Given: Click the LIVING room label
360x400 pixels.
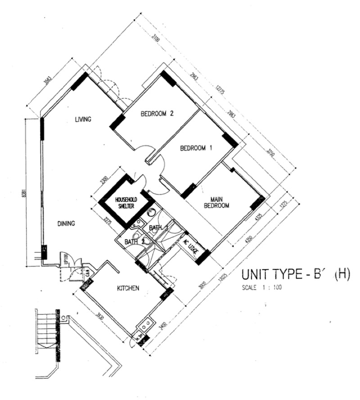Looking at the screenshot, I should [x=83, y=119].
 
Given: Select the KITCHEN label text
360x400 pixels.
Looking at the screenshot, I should [x=127, y=288].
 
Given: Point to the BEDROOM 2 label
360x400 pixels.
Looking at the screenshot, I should [x=157, y=114].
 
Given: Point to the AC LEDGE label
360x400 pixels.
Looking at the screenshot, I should [x=192, y=247].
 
